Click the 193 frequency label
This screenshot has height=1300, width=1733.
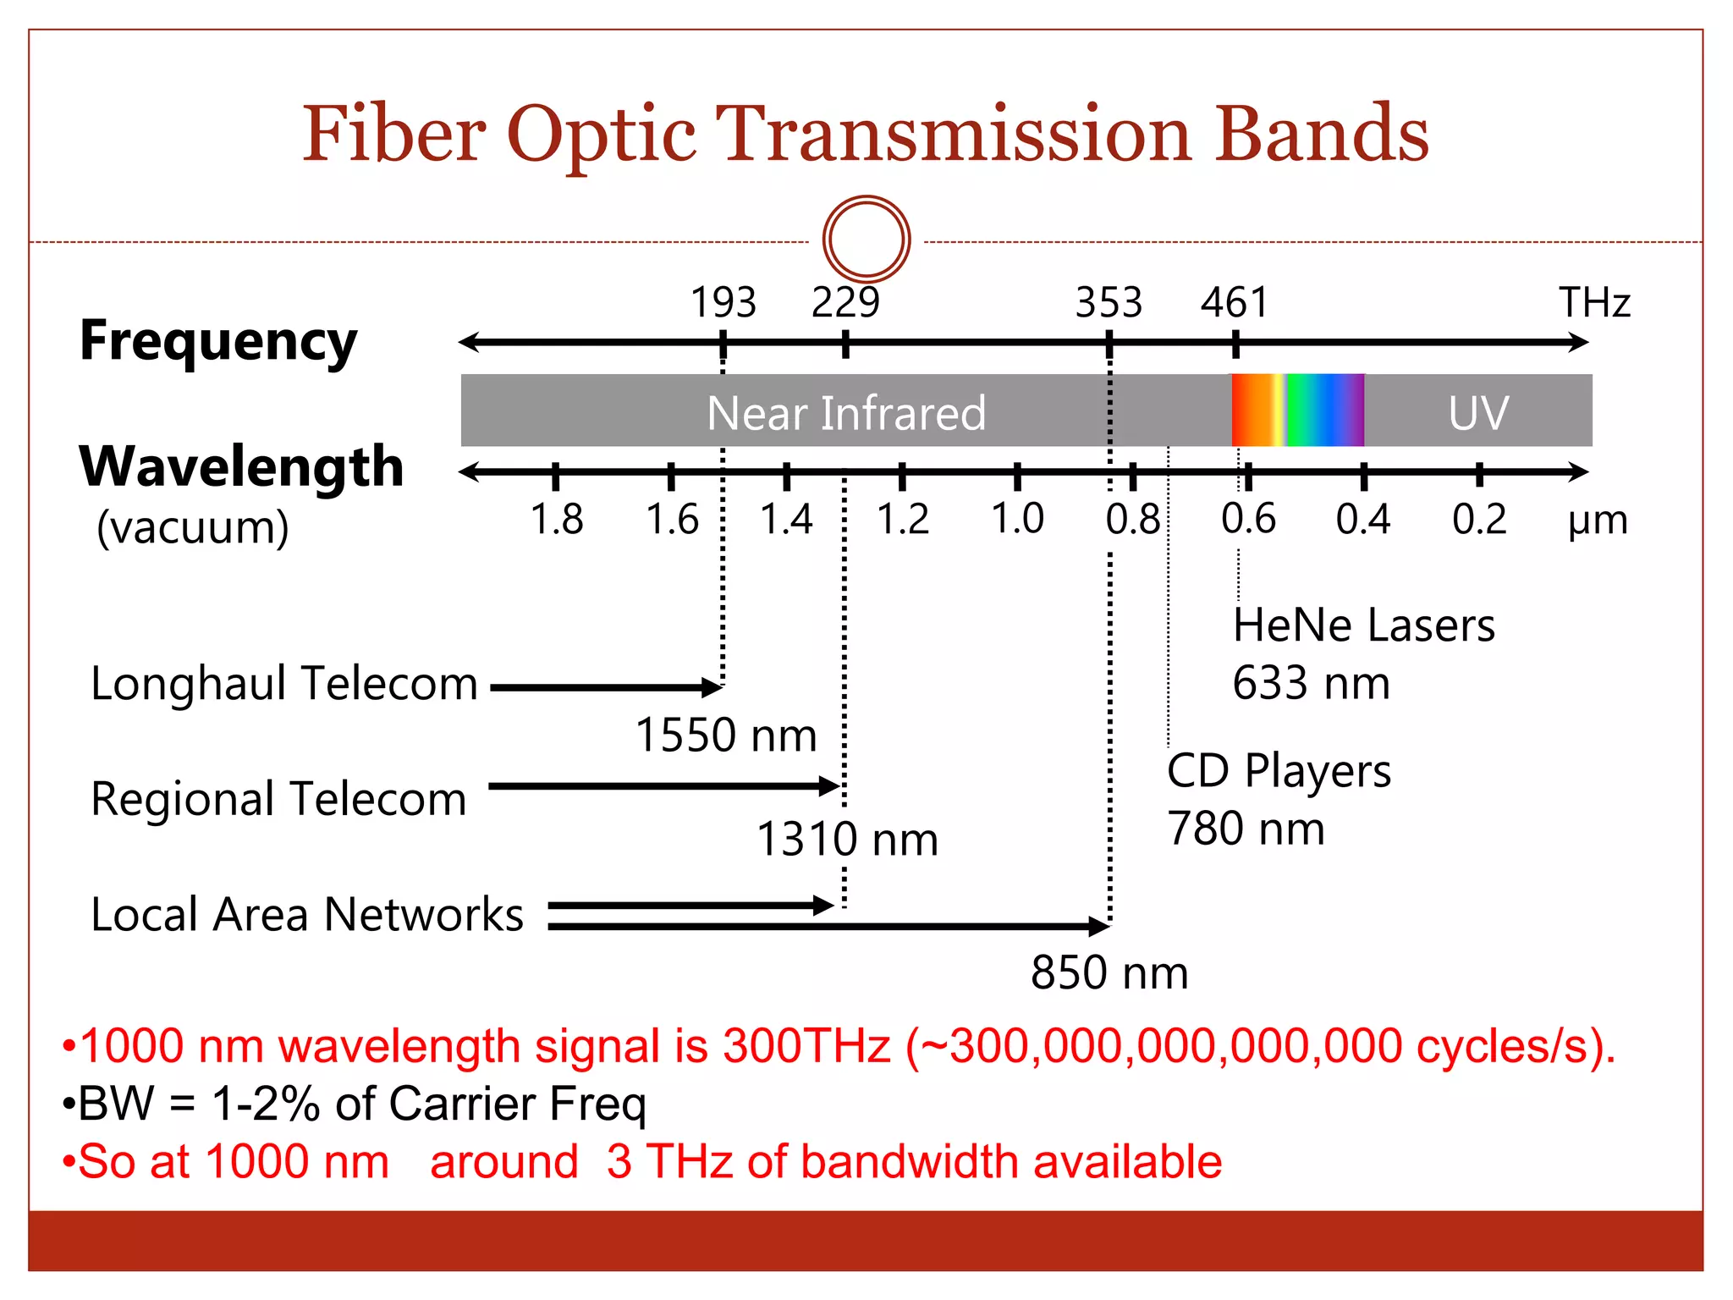723,302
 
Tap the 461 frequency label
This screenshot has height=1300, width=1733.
1235,302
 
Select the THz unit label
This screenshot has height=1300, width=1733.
1594,302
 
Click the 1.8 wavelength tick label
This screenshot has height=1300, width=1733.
556,519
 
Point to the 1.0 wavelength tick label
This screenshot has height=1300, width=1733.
1017,519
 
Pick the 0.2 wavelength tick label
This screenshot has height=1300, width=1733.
1479,519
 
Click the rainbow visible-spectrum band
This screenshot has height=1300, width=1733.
1297,410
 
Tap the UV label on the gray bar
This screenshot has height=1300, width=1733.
1477,413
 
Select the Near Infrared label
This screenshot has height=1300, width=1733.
846,413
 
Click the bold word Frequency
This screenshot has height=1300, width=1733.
218,341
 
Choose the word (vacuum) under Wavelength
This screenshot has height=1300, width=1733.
193,527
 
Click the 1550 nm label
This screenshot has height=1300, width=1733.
726,735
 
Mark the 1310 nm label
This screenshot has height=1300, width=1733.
847,839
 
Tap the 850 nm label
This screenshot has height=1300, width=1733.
1109,972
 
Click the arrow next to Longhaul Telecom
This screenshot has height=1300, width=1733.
605,687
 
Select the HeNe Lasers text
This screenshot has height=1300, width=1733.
1363,625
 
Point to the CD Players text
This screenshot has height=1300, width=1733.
1279,771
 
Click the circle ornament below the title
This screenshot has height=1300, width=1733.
866,240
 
